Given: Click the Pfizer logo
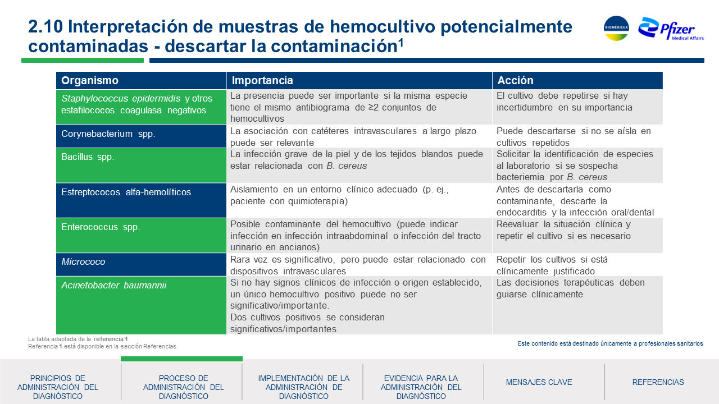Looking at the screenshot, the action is [671, 29].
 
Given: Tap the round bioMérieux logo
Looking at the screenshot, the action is [616, 28].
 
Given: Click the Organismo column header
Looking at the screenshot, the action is [89, 80].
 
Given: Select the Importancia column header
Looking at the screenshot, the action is [262, 80].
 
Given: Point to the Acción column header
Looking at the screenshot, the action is [515, 80].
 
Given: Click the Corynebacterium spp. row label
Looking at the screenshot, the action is [108, 134].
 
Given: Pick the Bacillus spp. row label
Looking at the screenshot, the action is [88, 157].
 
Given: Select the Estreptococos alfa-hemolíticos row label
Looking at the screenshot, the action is [126, 192].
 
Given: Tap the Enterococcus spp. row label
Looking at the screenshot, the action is [101, 227].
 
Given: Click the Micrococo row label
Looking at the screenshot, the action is [83, 261].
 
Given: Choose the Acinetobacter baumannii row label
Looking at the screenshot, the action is [113, 285].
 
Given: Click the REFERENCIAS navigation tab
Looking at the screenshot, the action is [658, 382].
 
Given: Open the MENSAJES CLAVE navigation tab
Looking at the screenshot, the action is [539, 382].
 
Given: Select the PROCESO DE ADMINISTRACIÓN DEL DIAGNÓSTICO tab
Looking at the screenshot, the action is [183, 387].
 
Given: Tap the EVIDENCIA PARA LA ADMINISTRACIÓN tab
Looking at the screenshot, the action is [421, 387].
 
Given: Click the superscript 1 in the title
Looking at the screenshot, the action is [401, 42].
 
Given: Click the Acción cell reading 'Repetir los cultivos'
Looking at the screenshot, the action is [552, 265].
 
